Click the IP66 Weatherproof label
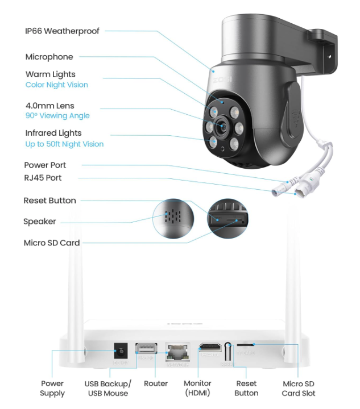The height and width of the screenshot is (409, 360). tap(62, 31)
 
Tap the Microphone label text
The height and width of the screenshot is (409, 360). tap(49, 57)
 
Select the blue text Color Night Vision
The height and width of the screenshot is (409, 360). tap(56, 85)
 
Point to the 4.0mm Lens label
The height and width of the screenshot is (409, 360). tap(49, 106)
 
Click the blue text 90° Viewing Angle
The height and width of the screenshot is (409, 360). tap(57, 116)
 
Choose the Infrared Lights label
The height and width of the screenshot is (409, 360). tap(53, 133)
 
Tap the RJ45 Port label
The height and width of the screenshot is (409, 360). tap(42, 178)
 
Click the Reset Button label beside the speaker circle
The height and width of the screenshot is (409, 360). tap(49, 201)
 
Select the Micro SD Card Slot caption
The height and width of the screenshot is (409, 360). tap(299, 388)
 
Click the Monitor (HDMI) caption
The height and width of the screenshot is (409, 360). tap(197, 388)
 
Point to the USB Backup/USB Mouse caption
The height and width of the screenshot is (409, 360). tap(107, 388)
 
